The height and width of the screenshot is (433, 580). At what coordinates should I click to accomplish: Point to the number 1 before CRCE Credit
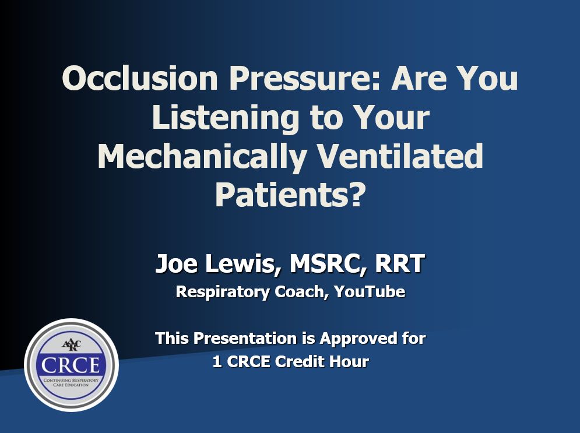point(217,361)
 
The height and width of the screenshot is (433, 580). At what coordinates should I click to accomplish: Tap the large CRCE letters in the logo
point(71,365)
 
